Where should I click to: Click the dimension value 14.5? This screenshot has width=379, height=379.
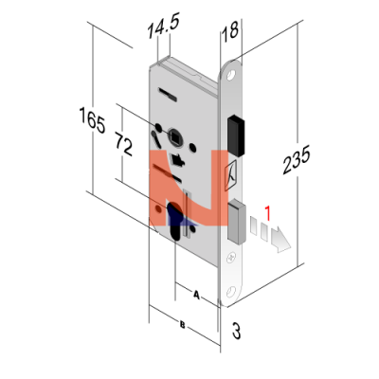click(164, 27)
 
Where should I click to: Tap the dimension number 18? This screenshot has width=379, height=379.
click(229, 31)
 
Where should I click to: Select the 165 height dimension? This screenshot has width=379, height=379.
click(92, 120)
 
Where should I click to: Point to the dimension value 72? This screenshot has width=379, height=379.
click(124, 145)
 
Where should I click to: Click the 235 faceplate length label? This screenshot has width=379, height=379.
click(297, 160)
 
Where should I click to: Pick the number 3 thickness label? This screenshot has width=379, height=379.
click(236, 331)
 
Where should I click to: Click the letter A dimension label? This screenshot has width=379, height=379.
click(196, 296)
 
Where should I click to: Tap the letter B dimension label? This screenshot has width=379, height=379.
click(182, 324)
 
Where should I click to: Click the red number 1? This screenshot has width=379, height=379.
click(267, 213)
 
